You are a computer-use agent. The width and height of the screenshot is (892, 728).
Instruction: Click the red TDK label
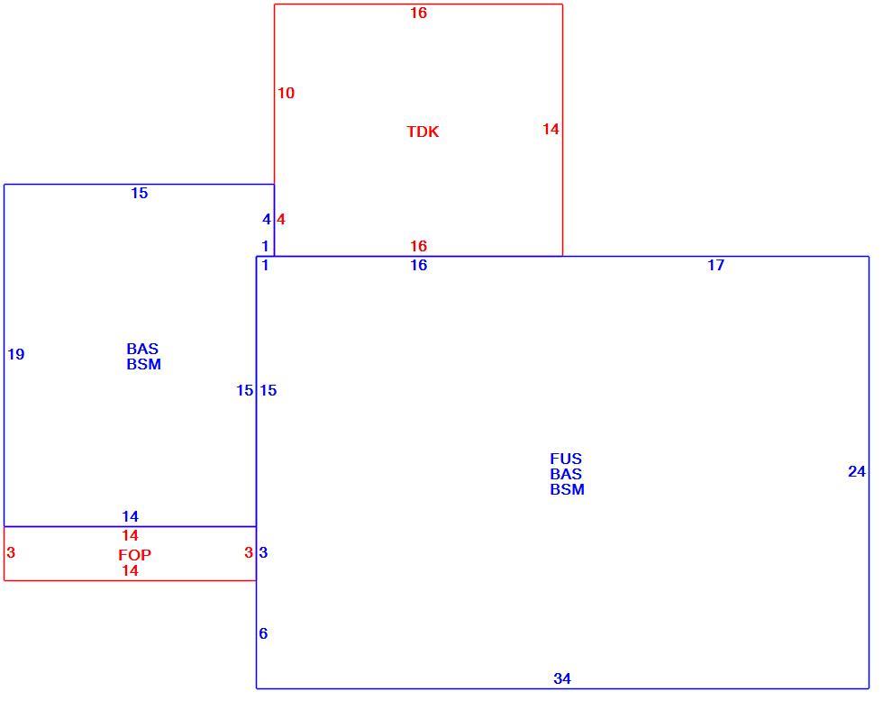point(423,132)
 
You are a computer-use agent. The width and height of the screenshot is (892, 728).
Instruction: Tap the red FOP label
point(135,555)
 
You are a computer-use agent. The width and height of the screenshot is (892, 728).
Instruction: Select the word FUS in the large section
point(566,459)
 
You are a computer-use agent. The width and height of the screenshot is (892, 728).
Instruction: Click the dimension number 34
point(562,678)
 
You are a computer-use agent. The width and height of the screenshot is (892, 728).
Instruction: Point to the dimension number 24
point(857,471)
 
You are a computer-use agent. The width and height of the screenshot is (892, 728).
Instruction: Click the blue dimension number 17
point(715,265)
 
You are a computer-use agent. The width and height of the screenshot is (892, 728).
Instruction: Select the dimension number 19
point(16,354)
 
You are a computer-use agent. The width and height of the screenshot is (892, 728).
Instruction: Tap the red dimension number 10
point(287,93)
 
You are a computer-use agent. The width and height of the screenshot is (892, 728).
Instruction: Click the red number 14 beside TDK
point(551,129)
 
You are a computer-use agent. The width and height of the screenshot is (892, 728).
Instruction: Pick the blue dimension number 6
point(263,633)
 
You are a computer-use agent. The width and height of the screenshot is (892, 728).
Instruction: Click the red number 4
point(281,220)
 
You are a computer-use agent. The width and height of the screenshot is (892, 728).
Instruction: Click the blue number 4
point(267,220)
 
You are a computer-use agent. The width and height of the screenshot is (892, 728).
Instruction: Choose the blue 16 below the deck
point(419,265)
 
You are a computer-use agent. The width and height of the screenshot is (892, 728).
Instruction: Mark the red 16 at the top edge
point(419,13)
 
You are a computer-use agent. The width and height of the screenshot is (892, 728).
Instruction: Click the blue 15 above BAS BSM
point(140,194)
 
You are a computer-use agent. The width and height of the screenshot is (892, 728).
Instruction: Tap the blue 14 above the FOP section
point(131,516)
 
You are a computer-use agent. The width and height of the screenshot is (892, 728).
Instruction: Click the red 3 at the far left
point(11,552)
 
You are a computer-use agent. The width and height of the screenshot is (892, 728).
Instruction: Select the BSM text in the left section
point(144,365)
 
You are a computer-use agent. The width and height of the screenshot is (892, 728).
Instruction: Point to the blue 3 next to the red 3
point(263,552)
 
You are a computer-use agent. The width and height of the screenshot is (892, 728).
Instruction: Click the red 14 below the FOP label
point(131,570)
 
